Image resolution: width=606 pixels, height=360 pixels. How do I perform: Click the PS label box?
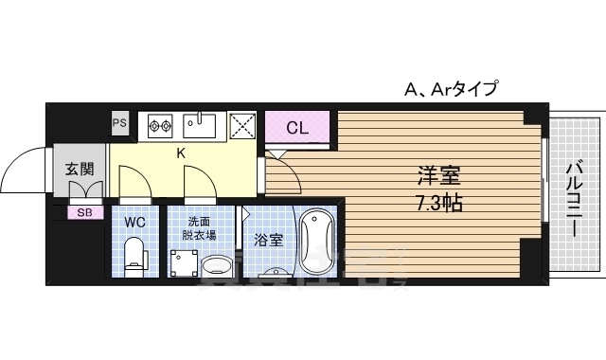point(119,122)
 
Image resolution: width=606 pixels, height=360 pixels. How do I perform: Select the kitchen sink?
point(200,124)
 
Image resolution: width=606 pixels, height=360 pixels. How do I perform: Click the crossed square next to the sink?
point(242,125)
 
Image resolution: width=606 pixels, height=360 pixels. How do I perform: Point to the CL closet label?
point(296,128)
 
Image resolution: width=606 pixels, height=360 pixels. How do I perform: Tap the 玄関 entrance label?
point(80,171)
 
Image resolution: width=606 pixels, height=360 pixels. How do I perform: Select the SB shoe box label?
point(84,212)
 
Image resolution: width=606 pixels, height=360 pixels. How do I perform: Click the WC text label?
point(135,222)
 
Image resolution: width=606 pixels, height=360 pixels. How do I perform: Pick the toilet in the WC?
point(135,254)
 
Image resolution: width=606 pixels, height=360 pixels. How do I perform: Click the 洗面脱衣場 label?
point(200,228)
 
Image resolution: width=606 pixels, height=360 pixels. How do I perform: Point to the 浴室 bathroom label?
point(269,241)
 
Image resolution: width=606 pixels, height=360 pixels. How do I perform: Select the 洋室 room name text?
point(439,177)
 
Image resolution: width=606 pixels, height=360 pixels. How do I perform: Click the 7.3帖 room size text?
point(439,203)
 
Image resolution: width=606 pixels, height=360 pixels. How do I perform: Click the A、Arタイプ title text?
point(451,90)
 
